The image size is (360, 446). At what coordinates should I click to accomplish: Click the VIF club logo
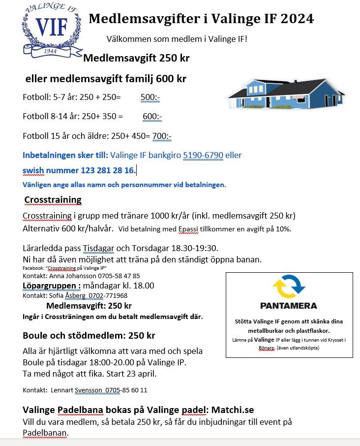(x=52, y=30)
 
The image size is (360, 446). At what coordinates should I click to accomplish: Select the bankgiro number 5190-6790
(x=203, y=155)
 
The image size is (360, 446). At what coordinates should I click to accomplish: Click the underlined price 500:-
(x=150, y=97)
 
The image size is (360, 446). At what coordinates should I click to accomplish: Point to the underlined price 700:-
(x=162, y=136)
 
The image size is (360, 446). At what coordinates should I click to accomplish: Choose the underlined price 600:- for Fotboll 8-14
(x=152, y=117)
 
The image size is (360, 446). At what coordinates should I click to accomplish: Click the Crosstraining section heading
(x=53, y=199)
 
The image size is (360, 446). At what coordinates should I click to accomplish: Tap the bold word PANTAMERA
(x=289, y=306)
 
